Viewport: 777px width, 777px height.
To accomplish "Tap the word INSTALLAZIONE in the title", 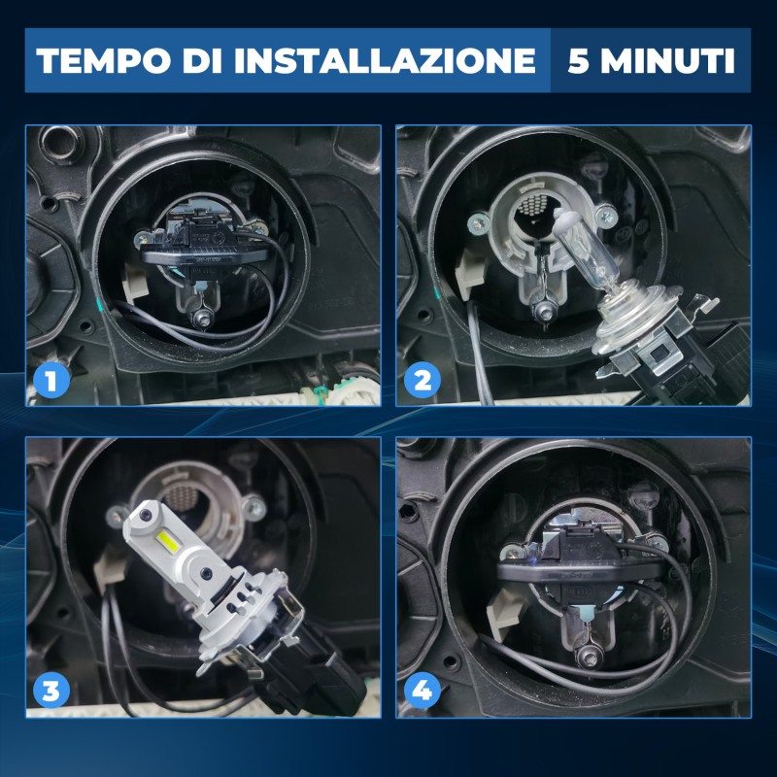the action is click(x=385, y=60).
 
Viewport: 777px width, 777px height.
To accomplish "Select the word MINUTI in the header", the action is click(x=667, y=60).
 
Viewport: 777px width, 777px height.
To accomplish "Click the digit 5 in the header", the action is click(x=578, y=60).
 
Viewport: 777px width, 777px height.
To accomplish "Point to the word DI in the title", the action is click(x=203, y=60).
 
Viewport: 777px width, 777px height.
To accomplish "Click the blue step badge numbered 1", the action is click(x=51, y=380).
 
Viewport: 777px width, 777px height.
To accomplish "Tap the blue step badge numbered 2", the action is click(x=422, y=380).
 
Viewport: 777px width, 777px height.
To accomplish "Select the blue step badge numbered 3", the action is click(x=51, y=690).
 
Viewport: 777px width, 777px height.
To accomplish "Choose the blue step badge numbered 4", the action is click(x=422, y=690).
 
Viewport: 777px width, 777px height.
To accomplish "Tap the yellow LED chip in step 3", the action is click(x=168, y=542).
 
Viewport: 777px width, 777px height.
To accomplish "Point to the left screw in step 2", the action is click(x=478, y=223).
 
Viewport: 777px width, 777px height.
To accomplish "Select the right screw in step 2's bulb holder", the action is click(x=606, y=216).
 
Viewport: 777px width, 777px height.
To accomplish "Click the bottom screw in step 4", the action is click(x=589, y=655).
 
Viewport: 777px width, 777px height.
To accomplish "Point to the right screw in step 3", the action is click(x=253, y=507).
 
